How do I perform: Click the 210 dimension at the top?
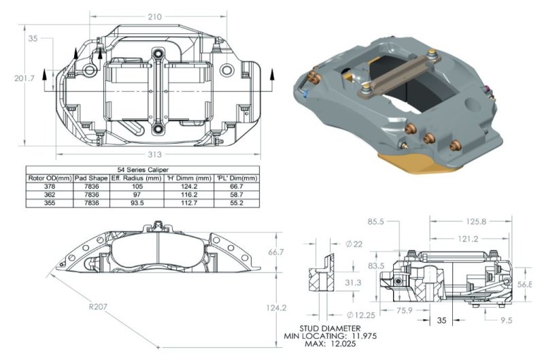click(x=154, y=16)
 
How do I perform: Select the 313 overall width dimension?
click(x=155, y=154)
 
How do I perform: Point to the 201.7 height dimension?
click(x=24, y=78)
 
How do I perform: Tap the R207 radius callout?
click(x=98, y=307)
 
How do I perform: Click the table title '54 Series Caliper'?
click(x=143, y=169)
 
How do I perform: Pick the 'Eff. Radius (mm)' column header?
click(x=137, y=178)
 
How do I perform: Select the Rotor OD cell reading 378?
click(x=50, y=186)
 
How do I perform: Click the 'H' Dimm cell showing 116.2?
click(x=189, y=195)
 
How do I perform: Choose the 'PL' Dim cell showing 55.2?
click(x=237, y=203)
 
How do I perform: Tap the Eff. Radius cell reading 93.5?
click(x=137, y=203)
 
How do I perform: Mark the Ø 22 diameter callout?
click(x=354, y=244)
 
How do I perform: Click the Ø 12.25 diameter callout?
click(x=361, y=315)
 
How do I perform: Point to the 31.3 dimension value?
click(x=353, y=282)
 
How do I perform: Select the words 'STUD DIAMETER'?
click(x=330, y=328)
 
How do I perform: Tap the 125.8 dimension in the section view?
click(x=476, y=221)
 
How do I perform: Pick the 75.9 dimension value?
click(x=404, y=310)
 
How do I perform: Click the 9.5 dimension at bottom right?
click(x=506, y=320)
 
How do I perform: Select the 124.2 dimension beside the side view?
click(x=276, y=308)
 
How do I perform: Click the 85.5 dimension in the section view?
click(x=376, y=221)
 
